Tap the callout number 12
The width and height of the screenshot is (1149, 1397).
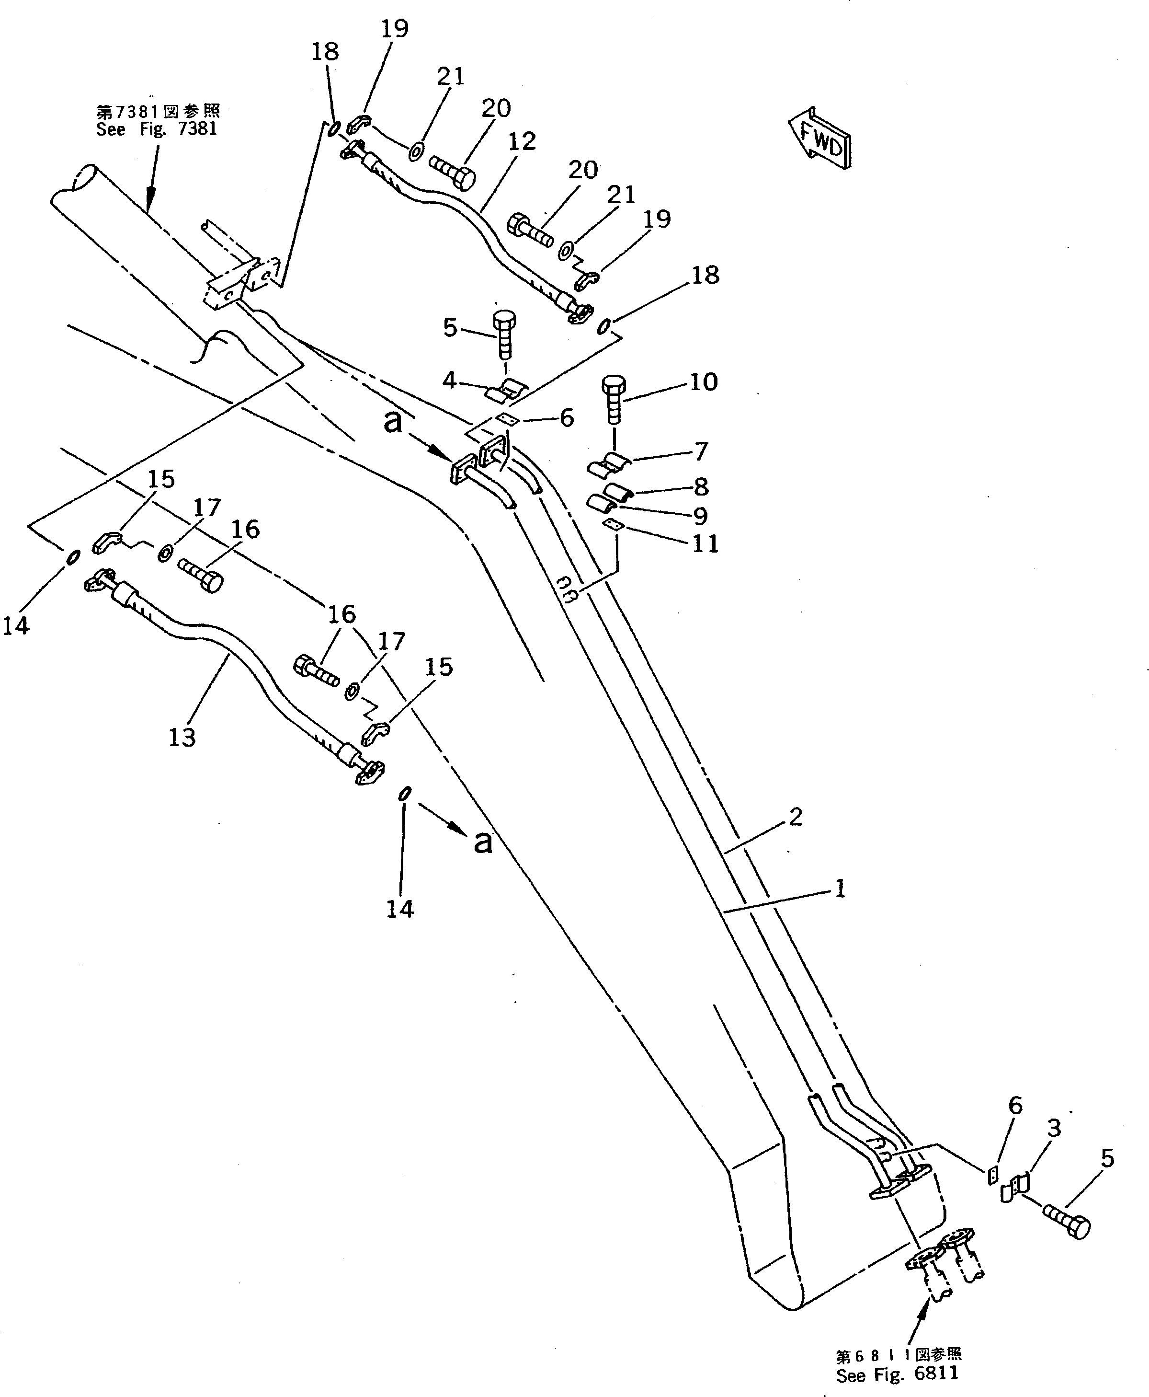pos(522,142)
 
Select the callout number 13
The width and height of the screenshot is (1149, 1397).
pos(182,737)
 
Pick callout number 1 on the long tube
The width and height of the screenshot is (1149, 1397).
pos(840,889)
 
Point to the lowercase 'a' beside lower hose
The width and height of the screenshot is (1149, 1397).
pos(484,842)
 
